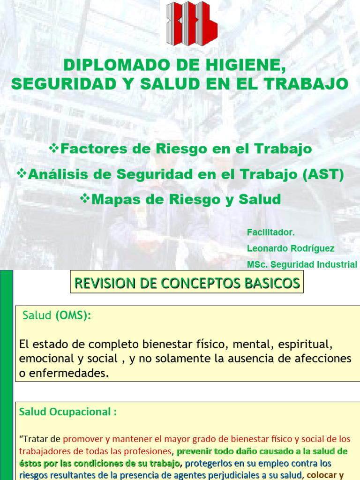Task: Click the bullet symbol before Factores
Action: pyautogui.click(x=54, y=149)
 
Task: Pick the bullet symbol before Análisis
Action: pyautogui.click(x=22, y=174)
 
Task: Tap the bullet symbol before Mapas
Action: pyautogui.click(x=85, y=199)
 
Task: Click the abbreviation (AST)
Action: pyautogui.click(x=323, y=174)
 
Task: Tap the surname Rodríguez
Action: pyautogui.click(x=311, y=248)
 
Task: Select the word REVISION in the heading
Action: pyautogui.click(x=103, y=283)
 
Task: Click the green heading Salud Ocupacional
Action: pyautogui.click(x=67, y=412)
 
